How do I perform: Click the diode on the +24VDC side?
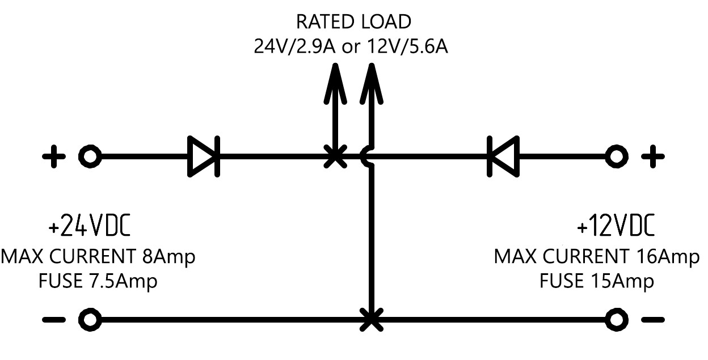click(x=204, y=156)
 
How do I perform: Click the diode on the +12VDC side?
click(x=503, y=156)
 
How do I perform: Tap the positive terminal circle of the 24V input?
click(x=90, y=156)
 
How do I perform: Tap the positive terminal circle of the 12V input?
click(x=617, y=156)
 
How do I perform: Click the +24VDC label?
click(x=90, y=226)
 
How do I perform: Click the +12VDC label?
click(x=616, y=226)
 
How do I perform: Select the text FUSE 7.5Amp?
click(x=98, y=281)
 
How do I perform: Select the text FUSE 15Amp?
click(x=596, y=281)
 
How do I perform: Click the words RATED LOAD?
click(x=353, y=22)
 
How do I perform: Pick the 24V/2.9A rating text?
click(x=295, y=46)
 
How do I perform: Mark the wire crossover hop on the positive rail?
click(x=367, y=156)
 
